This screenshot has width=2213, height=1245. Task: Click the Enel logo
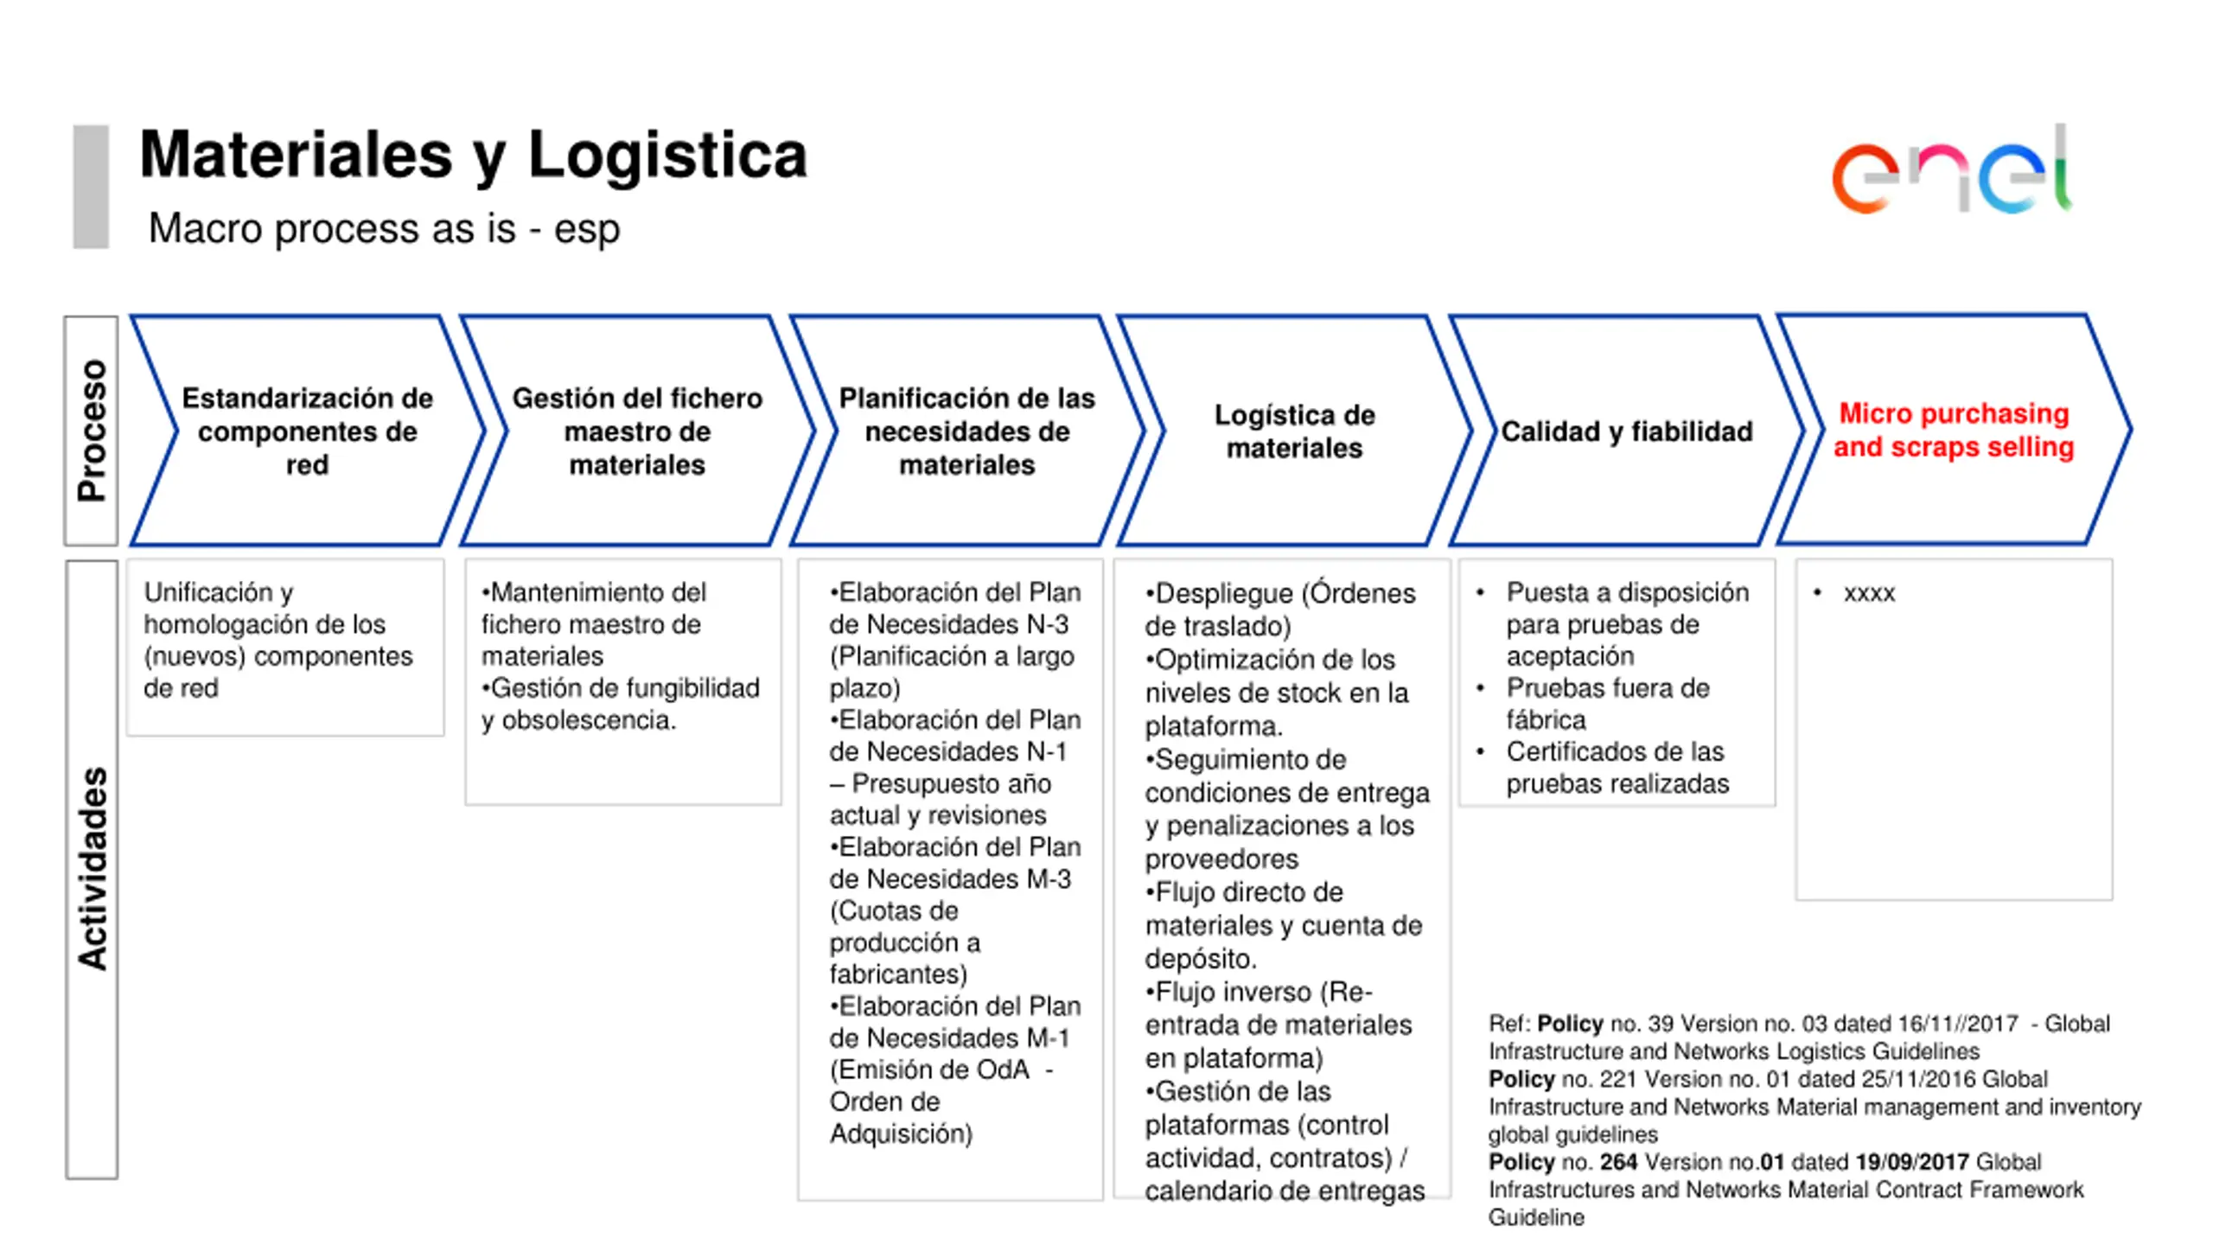[x=1951, y=173]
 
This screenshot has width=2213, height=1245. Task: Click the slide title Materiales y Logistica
[x=473, y=156]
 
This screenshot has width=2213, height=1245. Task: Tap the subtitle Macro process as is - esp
[x=384, y=229]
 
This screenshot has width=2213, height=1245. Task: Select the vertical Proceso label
[x=92, y=431]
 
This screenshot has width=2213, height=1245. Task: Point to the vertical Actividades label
[x=92, y=868]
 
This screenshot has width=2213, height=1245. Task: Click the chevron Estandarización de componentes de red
[x=307, y=431]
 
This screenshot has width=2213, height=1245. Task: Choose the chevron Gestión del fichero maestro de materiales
[x=637, y=431]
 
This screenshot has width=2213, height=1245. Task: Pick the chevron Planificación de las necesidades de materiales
[x=966, y=431]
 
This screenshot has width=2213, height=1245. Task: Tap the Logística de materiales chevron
[x=1294, y=431]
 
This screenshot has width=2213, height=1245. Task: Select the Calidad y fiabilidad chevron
[x=1626, y=431]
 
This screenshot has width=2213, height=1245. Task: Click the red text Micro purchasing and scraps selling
[x=1954, y=430]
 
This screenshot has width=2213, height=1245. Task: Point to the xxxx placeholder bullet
[x=1868, y=593]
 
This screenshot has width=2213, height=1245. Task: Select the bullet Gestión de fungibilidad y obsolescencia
[x=620, y=704]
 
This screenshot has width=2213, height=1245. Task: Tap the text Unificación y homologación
[x=264, y=608]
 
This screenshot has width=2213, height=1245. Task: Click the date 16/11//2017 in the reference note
[x=1957, y=1024]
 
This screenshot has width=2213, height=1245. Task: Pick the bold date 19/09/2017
[x=1911, y=1162]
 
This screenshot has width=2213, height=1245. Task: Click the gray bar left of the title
[x=91, y=187]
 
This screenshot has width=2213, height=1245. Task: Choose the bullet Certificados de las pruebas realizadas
[x=1617, y=768]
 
